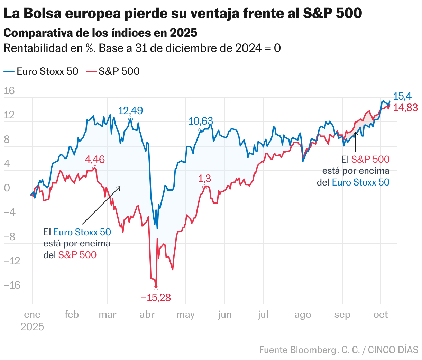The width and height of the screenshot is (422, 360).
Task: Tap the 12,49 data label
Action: point(130,111)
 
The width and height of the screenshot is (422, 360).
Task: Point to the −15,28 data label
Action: point(156,298)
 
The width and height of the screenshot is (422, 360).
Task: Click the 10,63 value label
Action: point(201,121)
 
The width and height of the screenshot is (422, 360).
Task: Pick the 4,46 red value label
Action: point(94,160)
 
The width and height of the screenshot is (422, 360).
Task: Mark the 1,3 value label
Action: point(204,179)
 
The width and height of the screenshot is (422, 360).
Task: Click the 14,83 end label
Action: point(405,108)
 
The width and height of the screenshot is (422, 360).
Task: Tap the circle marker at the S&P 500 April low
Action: point(156,288)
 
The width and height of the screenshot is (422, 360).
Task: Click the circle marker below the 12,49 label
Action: point(130,119)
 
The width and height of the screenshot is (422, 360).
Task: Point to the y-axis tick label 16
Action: point(9,91)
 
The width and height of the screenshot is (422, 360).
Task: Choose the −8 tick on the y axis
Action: point(9,237)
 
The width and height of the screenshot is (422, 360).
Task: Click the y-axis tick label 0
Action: point(7,188)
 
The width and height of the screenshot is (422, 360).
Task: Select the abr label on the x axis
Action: point(147,315)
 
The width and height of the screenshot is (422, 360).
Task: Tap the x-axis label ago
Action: point(303,315)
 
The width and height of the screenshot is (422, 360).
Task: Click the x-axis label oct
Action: point(381,315)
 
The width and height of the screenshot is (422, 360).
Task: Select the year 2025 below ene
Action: point(32,327)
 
